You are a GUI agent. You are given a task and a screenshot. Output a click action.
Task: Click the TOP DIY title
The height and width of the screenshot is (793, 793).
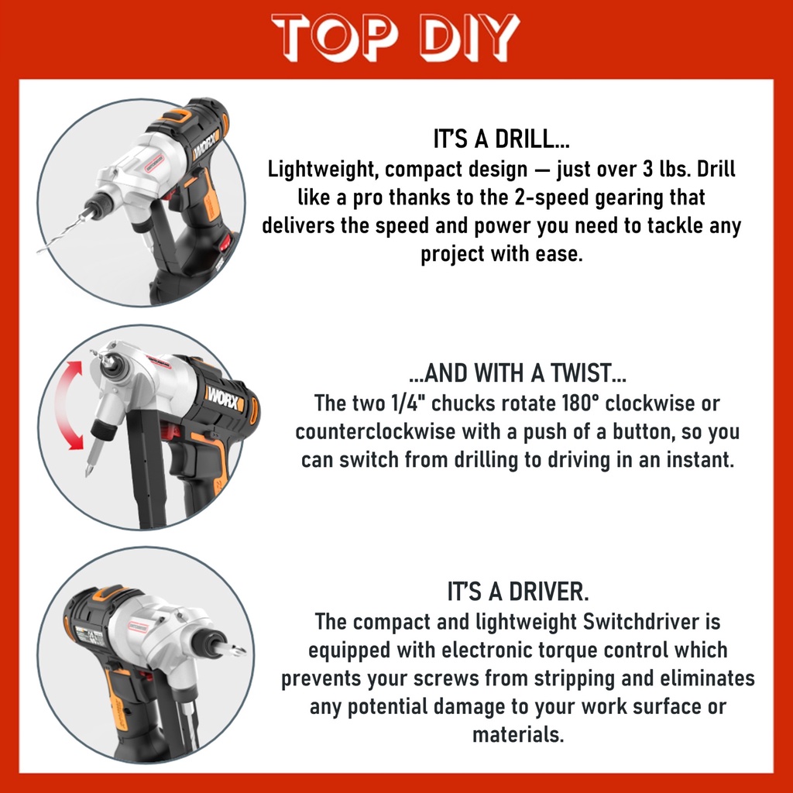click(396, 37)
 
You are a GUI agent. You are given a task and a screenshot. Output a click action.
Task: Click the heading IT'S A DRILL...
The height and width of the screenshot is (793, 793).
click(501, 139)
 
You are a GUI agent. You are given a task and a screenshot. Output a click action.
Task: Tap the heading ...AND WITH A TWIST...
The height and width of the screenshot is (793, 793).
click(517, 372)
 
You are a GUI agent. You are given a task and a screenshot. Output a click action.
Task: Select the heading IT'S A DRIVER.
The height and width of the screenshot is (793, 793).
click(518, 591)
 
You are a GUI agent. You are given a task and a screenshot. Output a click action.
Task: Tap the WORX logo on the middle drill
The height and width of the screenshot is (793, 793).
click(225, 400)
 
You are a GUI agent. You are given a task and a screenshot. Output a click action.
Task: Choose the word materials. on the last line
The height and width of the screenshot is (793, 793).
click(518, 734)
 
